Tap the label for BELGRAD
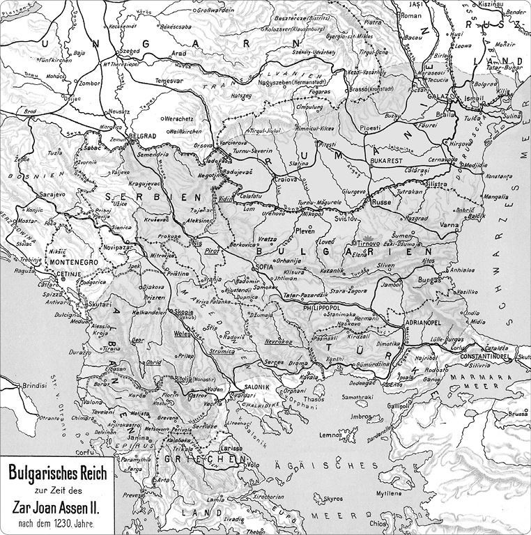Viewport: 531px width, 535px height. pos(145,136)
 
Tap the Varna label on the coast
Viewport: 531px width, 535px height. pos(449,226)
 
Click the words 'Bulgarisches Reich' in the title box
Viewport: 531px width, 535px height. pos(57,474)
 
